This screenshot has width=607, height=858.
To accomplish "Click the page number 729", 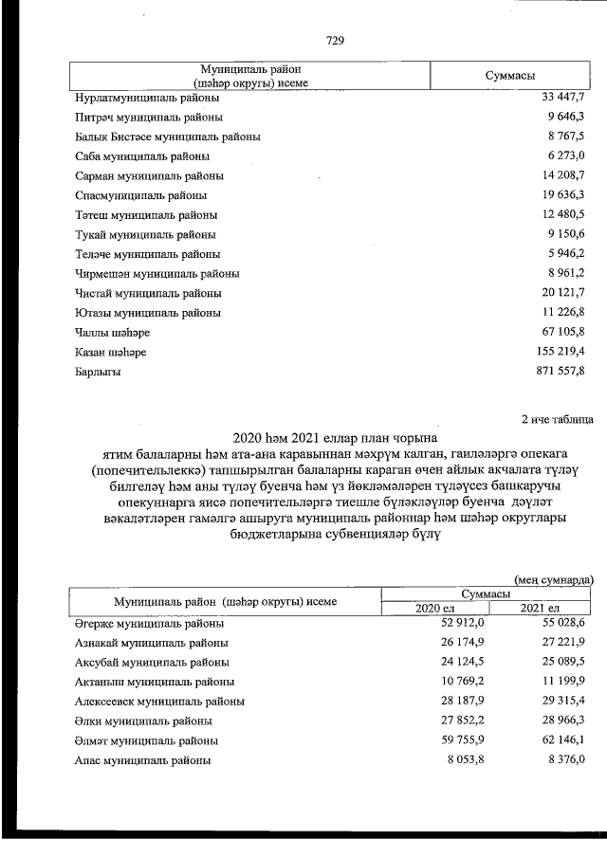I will (334, 41).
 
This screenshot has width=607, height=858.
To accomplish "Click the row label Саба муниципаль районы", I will (142, 155).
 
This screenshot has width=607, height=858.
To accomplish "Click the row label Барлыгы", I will (98, 373).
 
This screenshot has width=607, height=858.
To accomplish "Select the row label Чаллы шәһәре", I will (111, 333).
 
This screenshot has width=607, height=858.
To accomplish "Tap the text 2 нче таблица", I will (558, 417).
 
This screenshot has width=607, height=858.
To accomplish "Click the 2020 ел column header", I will (434, 608).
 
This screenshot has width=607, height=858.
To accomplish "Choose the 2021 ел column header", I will (541, 608).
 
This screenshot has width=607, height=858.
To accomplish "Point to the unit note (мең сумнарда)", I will (554, 577).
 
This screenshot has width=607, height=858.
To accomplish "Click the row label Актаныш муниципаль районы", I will (155, 682).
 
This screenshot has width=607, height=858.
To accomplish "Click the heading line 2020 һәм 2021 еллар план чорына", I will (334, 437).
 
